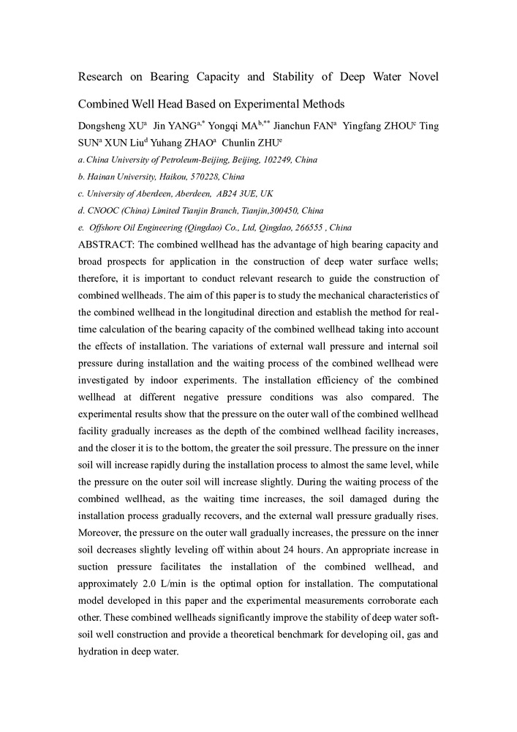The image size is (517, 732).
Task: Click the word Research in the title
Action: click(105, 76)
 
